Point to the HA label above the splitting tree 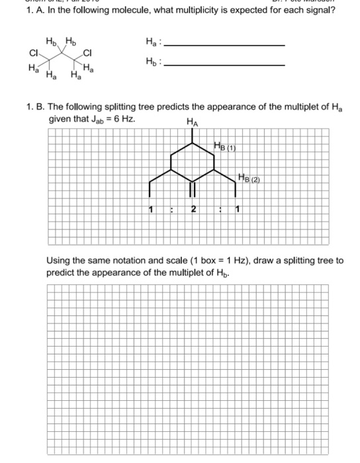(x=193, y=121)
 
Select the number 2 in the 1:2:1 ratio (x=193, y=210)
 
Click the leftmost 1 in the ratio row (x=152, y=210)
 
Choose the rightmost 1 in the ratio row (x=237, y=210)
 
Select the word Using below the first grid (x=59, y=260)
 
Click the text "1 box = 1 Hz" (x=214, y=260)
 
